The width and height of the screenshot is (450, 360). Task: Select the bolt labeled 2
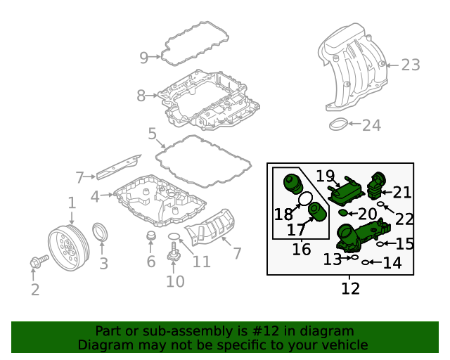point(37,262)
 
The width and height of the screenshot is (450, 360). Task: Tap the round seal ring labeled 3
point(102,232)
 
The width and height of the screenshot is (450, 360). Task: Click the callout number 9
point(143,58)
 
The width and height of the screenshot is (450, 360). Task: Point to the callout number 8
point(141,96)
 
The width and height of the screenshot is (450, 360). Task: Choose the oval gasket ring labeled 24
point(340,125)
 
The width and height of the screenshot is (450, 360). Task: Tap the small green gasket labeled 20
point(342,212)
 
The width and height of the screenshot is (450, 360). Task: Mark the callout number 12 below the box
point(350,288)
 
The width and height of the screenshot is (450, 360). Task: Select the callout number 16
point(301,249)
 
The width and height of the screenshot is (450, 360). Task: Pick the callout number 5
point(152,134)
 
